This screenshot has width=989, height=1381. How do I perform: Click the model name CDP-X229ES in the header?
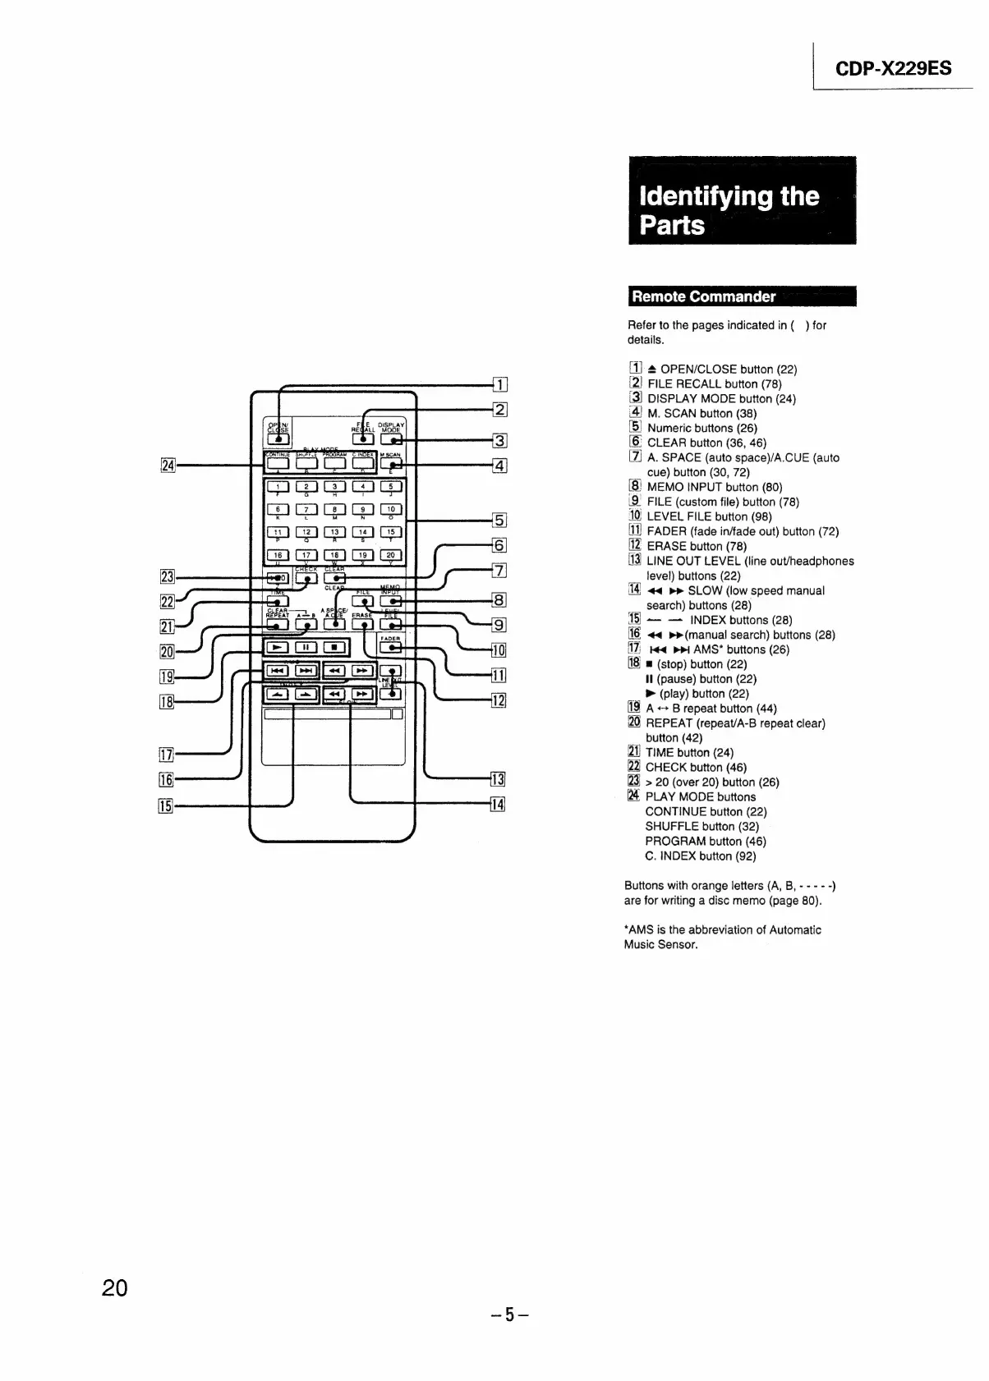(x=893, y=68)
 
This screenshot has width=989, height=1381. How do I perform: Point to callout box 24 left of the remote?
(x=168, y=466)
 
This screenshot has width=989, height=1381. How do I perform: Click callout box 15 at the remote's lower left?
(x=165, y=806)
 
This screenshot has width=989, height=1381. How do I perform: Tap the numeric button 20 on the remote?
(x=391, y=555)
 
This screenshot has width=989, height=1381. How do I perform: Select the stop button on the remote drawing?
(x=335, y=647)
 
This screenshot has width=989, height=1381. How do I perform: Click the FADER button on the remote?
(x=391, y=647)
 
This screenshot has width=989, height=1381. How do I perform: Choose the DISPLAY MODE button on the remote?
(x=391, y=438)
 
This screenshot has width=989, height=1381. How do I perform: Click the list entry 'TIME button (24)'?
(x=689, y=753)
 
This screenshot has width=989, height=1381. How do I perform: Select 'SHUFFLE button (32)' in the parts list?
(x=701, y=827)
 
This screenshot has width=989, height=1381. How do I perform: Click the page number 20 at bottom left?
(x=114, y=1288)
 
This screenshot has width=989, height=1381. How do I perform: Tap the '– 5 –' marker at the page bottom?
(x=509, y=1315)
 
